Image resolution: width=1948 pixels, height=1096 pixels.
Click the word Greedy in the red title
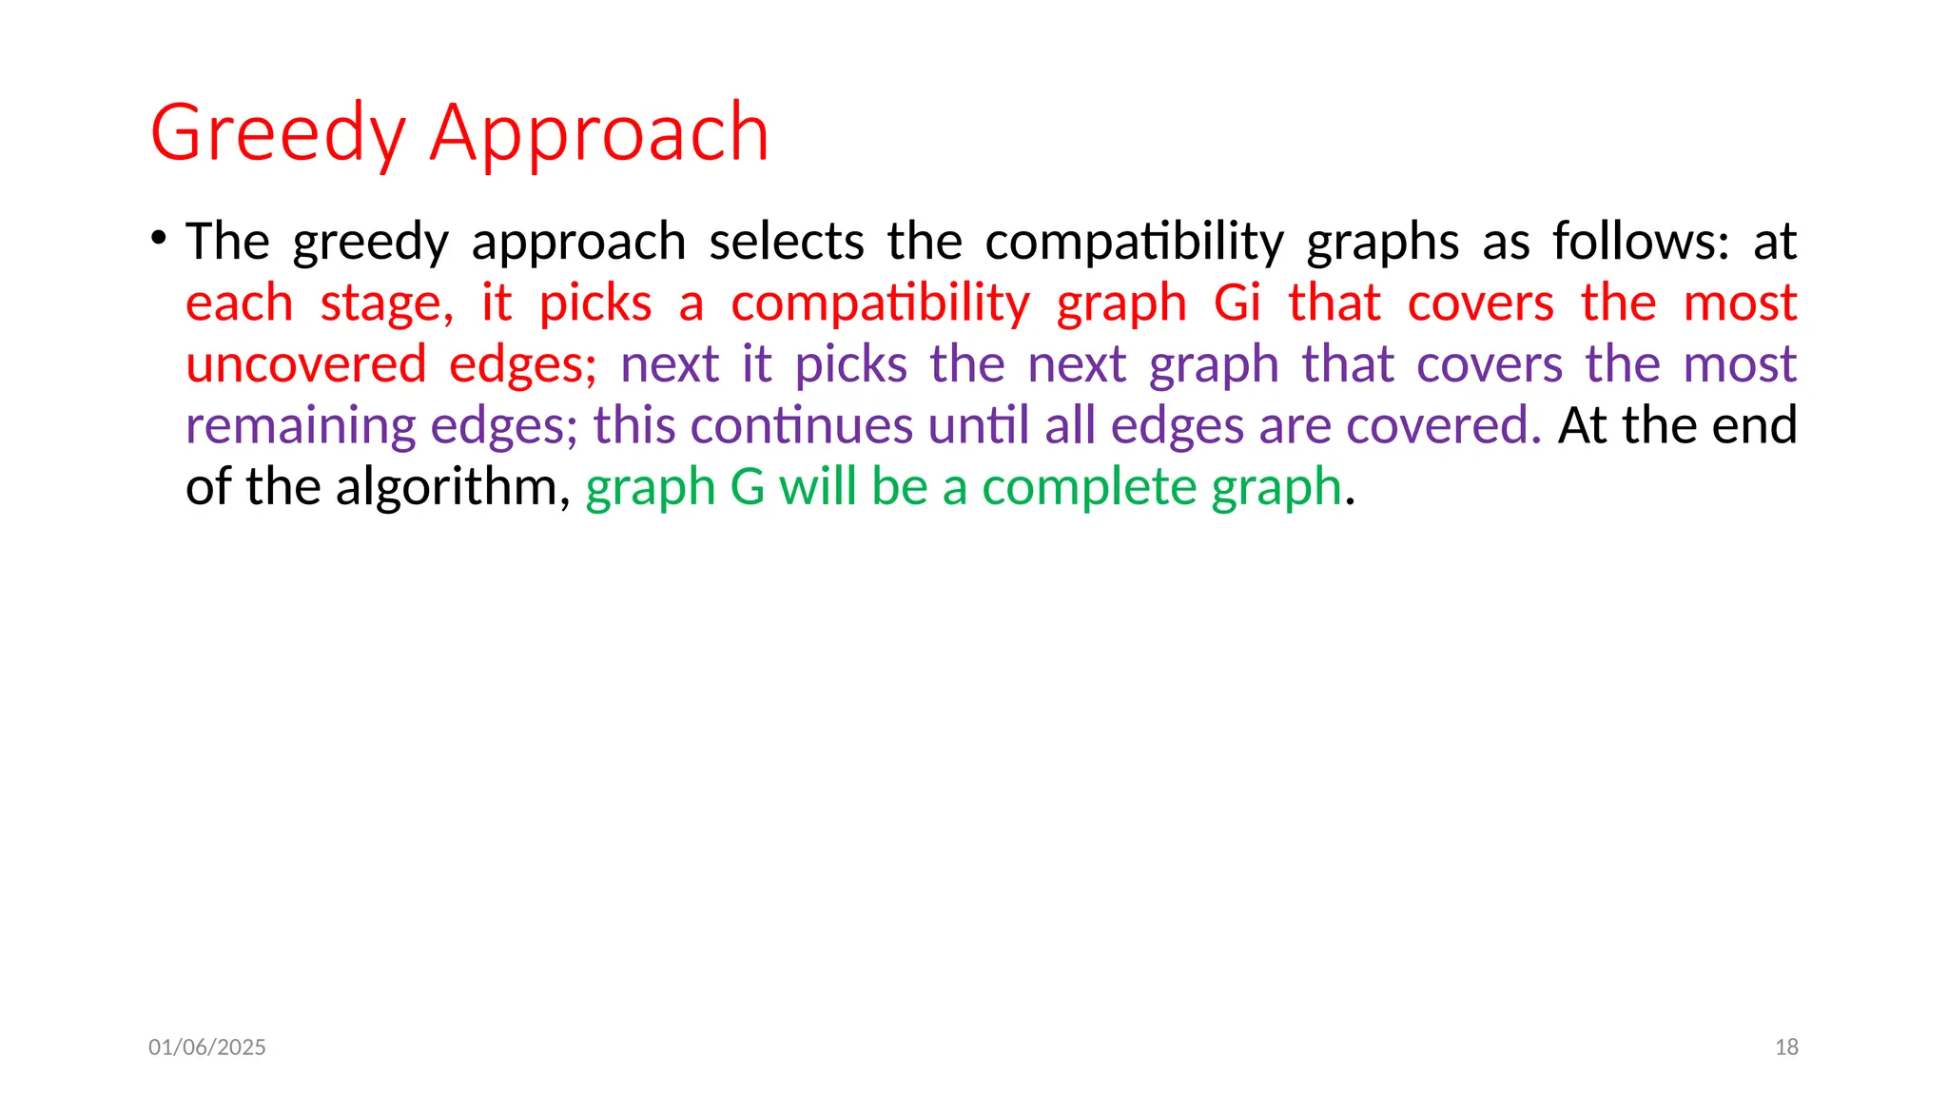point(278,133)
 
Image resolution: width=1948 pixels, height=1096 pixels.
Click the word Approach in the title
point(599,133)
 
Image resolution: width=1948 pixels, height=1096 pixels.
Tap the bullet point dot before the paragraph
point(158,236)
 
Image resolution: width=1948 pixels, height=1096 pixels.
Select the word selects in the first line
point(787,242)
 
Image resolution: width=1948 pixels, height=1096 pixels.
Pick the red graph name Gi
point(1237,303)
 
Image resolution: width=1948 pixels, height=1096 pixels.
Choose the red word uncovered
point(305,364)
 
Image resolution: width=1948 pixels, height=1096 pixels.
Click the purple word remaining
point(301,426)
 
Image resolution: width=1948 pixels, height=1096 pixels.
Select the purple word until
point(979,425)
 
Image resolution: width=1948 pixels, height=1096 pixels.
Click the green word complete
point(1089,488)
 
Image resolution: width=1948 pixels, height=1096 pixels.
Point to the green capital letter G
point(748,487)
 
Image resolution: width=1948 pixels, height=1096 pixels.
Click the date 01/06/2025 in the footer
point(207,1047)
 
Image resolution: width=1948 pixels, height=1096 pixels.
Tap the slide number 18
point(1786,1047)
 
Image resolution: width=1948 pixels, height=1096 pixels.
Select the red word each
point(239,303)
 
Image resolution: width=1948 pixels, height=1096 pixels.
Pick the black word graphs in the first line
point(1382,242)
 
